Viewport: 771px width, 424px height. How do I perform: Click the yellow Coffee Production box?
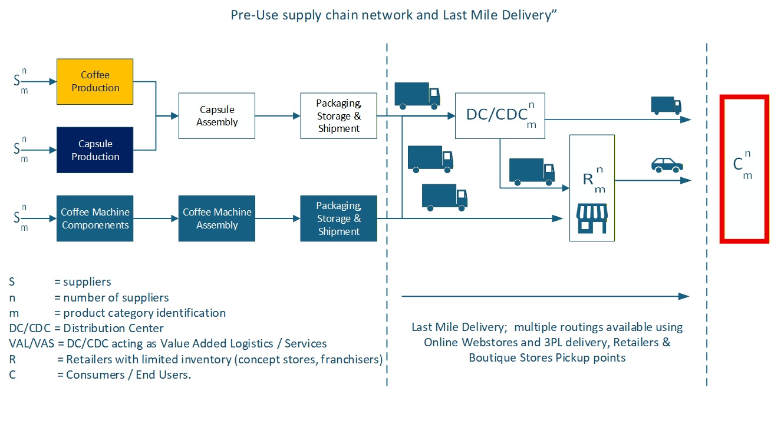[x=95, y=81]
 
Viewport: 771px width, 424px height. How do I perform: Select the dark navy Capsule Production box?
[x=95, y=150]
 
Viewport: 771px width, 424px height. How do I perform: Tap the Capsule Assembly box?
[x=217, y=116]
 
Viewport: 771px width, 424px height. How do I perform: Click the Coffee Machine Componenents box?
[x=95, y=218]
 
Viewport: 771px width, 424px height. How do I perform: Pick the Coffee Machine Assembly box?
[x=217, y=218]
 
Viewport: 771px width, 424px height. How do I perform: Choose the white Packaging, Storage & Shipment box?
[x=338, y=116]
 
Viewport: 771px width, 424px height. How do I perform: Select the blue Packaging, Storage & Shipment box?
[x=338, y=218]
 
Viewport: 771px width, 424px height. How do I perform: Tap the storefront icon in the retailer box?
[x=592, y=218]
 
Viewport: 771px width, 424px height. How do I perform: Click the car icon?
[x=667, y=164]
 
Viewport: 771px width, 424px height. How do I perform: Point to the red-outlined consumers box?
[x=744, y=168]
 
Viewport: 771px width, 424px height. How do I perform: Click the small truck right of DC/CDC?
[x=665, y=105]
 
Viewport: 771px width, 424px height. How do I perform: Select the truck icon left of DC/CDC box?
[x=417, y=95]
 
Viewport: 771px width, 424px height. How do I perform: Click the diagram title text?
[x=394, y=15]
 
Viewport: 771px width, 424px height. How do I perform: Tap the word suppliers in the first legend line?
[x=87, y=282]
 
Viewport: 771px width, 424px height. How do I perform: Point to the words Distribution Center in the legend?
[x=114, y=328]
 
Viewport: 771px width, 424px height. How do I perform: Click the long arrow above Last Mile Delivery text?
[x=545, y=296]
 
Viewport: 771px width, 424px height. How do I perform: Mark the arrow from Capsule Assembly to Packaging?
[x=278, y=116]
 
